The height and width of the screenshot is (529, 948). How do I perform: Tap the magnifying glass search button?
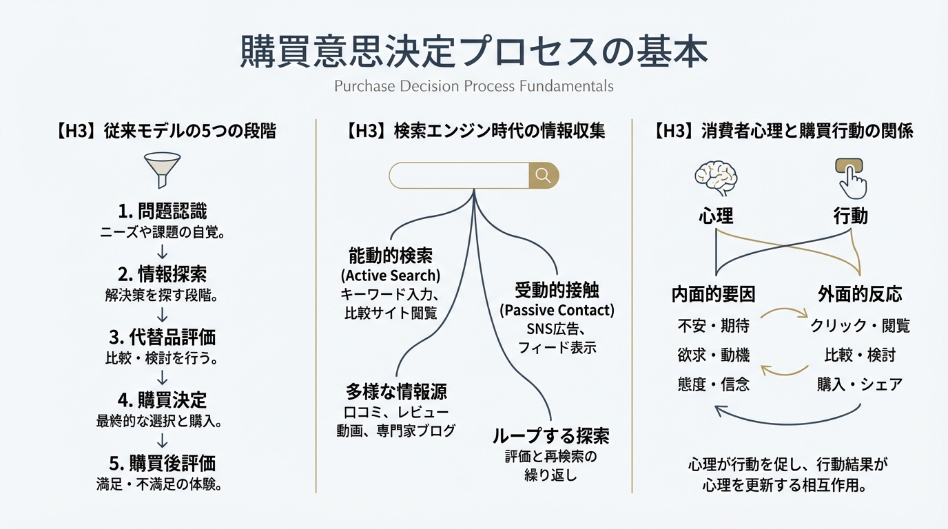[543, 176]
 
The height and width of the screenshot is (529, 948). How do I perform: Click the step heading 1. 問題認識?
[162, 211]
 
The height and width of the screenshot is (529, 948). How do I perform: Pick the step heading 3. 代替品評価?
[162, 337]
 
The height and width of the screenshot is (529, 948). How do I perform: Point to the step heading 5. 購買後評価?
[162, 463]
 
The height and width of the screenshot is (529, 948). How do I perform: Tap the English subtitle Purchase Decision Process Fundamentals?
[473, 87]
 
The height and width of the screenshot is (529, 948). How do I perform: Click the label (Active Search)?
[391, 276]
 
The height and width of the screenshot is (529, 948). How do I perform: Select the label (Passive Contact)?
[557, 310]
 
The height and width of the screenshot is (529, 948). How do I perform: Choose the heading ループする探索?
[550, 436]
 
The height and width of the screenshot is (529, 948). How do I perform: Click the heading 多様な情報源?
[395, 392]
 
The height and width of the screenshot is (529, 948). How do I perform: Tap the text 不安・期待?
[713, 325]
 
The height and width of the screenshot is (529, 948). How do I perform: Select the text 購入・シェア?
[860, 384]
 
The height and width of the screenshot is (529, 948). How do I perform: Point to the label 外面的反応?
[860, 295]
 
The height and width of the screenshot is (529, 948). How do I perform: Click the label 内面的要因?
[713, 295]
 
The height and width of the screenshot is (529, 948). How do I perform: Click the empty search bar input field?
[459, 176]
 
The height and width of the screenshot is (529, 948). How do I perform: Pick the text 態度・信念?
[713, 384]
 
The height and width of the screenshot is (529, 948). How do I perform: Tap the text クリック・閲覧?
[860, 325]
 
